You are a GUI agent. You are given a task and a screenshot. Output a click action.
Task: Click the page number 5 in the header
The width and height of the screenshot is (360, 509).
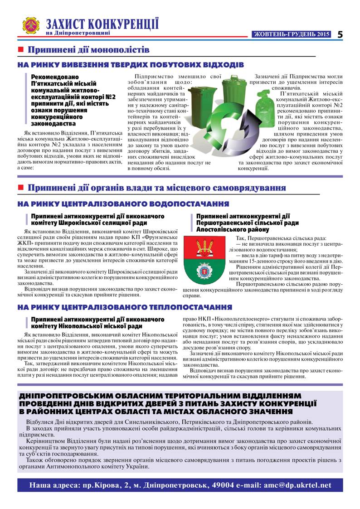(340, 34)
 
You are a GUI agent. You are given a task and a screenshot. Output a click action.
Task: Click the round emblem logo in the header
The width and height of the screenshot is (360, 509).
(31, 26)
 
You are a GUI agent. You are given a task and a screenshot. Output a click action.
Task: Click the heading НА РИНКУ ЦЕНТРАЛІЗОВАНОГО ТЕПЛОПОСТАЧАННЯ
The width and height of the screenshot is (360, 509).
(125, 307)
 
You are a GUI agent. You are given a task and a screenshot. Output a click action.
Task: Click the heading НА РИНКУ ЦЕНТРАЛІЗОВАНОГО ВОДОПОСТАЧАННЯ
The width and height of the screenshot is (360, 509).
(123, 204)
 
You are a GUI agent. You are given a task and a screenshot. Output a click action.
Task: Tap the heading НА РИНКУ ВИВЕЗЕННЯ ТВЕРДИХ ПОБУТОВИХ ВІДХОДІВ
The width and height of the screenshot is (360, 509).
(131, 65)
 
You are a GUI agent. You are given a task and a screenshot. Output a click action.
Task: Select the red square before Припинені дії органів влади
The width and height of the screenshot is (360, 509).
(20, 187)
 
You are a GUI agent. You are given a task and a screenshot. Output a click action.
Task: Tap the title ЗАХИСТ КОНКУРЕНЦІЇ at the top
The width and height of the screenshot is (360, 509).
(102, 24)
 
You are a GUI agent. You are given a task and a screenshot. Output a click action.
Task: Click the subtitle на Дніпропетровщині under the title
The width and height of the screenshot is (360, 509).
(78, 33)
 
